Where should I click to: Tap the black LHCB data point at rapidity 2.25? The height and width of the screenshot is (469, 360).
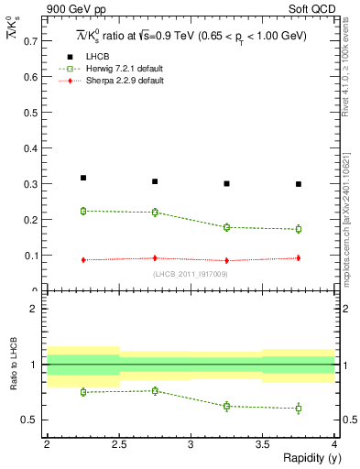83,178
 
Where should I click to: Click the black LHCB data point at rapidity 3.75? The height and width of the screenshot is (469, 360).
299,184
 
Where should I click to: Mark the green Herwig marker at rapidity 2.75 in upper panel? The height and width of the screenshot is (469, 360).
155,213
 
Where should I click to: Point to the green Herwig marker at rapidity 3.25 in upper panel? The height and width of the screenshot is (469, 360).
227,227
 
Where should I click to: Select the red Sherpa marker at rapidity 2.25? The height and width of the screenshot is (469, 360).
83,260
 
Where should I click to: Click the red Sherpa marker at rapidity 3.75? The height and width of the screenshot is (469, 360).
299,258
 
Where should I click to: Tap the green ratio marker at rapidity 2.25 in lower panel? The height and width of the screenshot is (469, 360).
83,392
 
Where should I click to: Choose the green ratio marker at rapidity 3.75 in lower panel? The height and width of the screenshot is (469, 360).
299,409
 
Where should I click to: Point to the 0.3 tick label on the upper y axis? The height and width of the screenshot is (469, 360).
31,184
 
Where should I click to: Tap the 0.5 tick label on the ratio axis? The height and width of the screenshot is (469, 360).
31,420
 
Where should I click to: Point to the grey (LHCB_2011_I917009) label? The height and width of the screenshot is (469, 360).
191,273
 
